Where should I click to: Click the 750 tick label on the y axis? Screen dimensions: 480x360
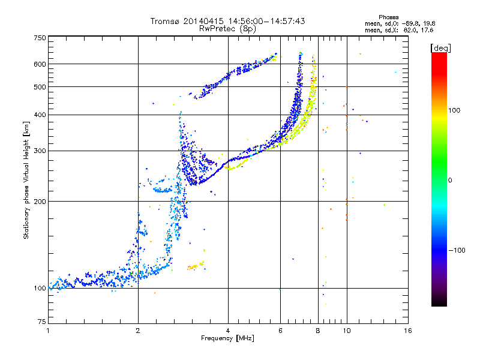click(40, 38)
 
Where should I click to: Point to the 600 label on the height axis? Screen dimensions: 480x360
click(40, 64)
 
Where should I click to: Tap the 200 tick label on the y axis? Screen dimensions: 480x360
click(40, 202)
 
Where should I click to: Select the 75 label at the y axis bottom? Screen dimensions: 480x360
click(42, 322)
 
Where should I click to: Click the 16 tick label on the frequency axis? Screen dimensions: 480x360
click(408, 331)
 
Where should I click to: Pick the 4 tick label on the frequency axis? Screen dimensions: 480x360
click(228, 331)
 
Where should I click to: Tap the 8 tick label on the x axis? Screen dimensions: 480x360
click(318, 331)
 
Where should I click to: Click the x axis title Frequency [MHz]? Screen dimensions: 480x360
click(227, 338)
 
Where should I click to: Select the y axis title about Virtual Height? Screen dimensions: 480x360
click(26, 181)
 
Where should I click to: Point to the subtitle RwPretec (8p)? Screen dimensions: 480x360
click(227, 29)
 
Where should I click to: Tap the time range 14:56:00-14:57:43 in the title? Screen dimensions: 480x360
click(266, 21)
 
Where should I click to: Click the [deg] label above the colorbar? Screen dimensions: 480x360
click(440, 48)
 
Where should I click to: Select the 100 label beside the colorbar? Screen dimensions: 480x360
click(454, 110)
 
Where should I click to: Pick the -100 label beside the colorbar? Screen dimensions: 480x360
click(457, 250)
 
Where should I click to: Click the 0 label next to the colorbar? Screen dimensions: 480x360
click(450, 181)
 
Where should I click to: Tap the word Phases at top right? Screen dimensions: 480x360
click(388, 17)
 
